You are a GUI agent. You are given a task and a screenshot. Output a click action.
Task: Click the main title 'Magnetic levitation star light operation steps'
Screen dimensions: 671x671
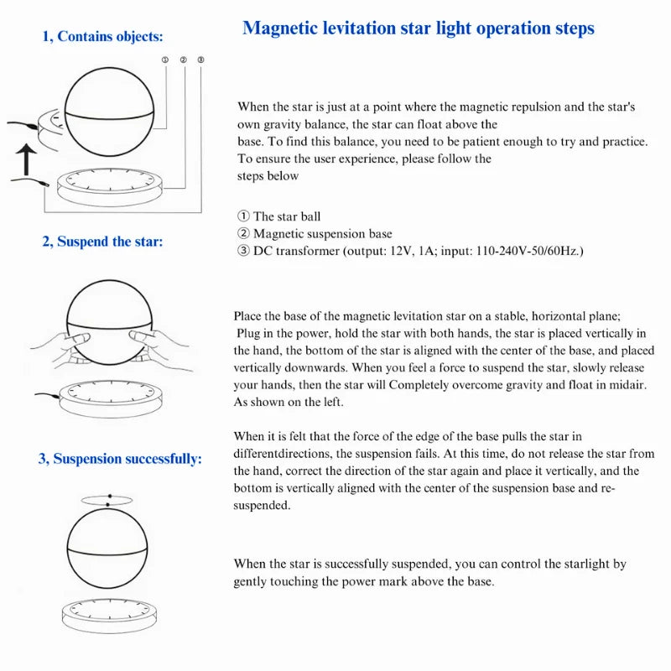tap(418, 29)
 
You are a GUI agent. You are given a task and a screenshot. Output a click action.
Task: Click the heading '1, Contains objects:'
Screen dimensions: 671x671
tap(102, 36)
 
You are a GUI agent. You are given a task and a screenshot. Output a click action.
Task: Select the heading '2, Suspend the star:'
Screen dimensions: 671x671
tap(102, 242)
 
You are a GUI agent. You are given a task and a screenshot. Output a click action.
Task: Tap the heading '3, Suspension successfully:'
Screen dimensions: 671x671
tap(120, 459)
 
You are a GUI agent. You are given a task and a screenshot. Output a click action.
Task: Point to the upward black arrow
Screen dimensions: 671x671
tap(27, 159)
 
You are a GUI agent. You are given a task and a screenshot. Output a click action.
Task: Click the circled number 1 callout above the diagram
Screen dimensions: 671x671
tap(165, 60)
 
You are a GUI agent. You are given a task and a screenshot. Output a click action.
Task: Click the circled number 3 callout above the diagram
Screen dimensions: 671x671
tap(200, 60)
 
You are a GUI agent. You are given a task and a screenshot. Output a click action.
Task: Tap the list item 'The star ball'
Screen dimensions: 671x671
tap(287, 216)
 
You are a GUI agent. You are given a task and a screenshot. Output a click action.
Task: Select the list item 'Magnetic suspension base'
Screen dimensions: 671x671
tap(323, 234)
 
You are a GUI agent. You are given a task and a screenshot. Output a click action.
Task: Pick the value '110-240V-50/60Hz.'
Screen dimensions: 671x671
tap(529, 251)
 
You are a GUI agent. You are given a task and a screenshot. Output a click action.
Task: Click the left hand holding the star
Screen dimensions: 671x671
tap(62, 349)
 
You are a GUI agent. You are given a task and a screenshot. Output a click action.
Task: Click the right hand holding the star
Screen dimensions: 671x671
tap(160, 349)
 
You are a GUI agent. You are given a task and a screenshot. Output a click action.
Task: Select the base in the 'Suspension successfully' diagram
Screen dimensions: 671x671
tap(110, 616)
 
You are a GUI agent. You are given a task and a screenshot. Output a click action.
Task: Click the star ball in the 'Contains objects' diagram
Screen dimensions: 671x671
tap(110, 112)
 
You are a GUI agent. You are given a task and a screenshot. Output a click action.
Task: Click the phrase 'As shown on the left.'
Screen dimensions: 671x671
tap(289, 403)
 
